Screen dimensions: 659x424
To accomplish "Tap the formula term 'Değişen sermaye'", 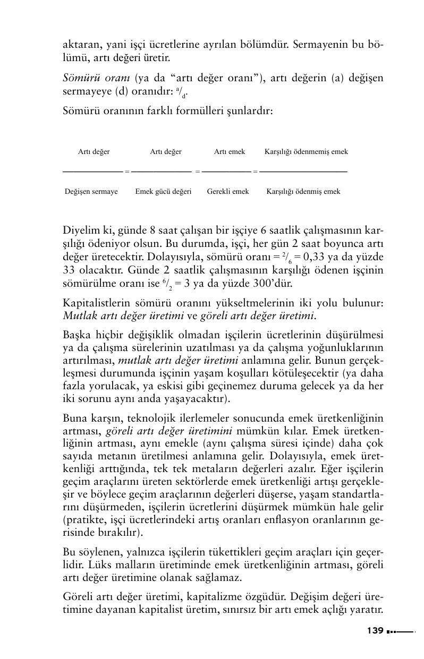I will point(91,192).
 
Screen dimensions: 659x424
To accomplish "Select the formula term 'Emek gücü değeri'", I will point(163,192).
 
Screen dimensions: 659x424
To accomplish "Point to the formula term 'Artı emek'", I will point(230,152).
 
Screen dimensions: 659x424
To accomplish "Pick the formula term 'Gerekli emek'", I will point(228,192).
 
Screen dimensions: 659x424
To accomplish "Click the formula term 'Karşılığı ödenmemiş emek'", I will point(306,152).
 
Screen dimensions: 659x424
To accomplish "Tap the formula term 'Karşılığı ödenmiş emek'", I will point(303,192).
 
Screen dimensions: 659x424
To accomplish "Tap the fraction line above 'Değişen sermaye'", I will point(92,172).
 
